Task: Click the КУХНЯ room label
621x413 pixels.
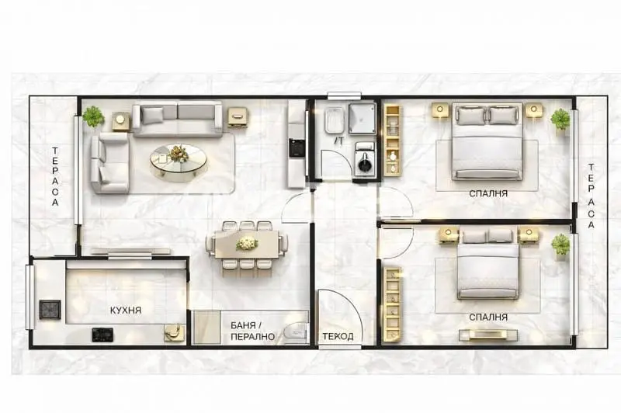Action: [126, 311]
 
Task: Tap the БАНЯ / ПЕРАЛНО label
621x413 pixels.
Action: [252, 331]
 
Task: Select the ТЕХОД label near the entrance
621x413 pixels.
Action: [338, 337]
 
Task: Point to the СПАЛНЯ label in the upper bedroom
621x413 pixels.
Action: [488, 193]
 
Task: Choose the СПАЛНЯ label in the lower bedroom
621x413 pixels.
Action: [488, 318]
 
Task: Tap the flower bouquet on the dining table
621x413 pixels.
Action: [247, 243]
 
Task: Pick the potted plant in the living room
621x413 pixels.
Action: [93, 116]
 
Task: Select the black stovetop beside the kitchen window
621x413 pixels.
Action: [50, 310]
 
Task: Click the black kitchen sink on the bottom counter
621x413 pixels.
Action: [102, 335]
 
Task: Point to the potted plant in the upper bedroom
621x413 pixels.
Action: [560, 120]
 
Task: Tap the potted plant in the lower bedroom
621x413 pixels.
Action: [560, 245]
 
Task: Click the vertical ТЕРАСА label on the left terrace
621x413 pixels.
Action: [55, 176]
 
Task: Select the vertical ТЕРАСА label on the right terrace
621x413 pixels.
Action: [591, 196]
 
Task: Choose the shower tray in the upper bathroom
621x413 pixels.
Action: [362, 119]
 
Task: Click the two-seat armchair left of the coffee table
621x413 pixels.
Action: [109, 163]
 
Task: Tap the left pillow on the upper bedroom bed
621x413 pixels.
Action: [472, 115]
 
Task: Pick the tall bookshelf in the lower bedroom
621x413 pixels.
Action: [393, 304]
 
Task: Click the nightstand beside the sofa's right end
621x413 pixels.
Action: [238, 117]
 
